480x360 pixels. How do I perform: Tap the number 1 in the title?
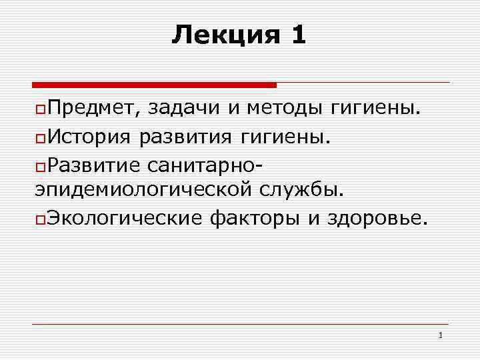298,35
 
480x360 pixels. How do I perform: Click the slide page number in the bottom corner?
441,335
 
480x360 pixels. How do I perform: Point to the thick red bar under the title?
154,85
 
